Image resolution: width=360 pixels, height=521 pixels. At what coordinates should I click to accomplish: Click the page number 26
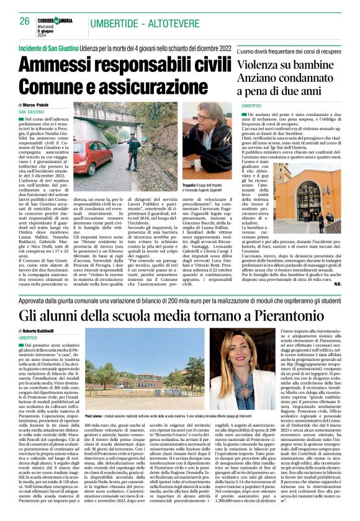[x=25, y=21]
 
